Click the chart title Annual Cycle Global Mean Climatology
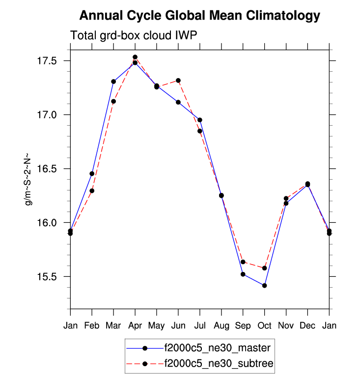point(199,16)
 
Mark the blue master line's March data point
point(113,81)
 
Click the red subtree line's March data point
point(113,102)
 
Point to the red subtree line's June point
point(178,81)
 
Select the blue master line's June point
point(178,102)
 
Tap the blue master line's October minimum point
point(265,285)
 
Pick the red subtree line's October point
point(265,268)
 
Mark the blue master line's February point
point(92,174)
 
